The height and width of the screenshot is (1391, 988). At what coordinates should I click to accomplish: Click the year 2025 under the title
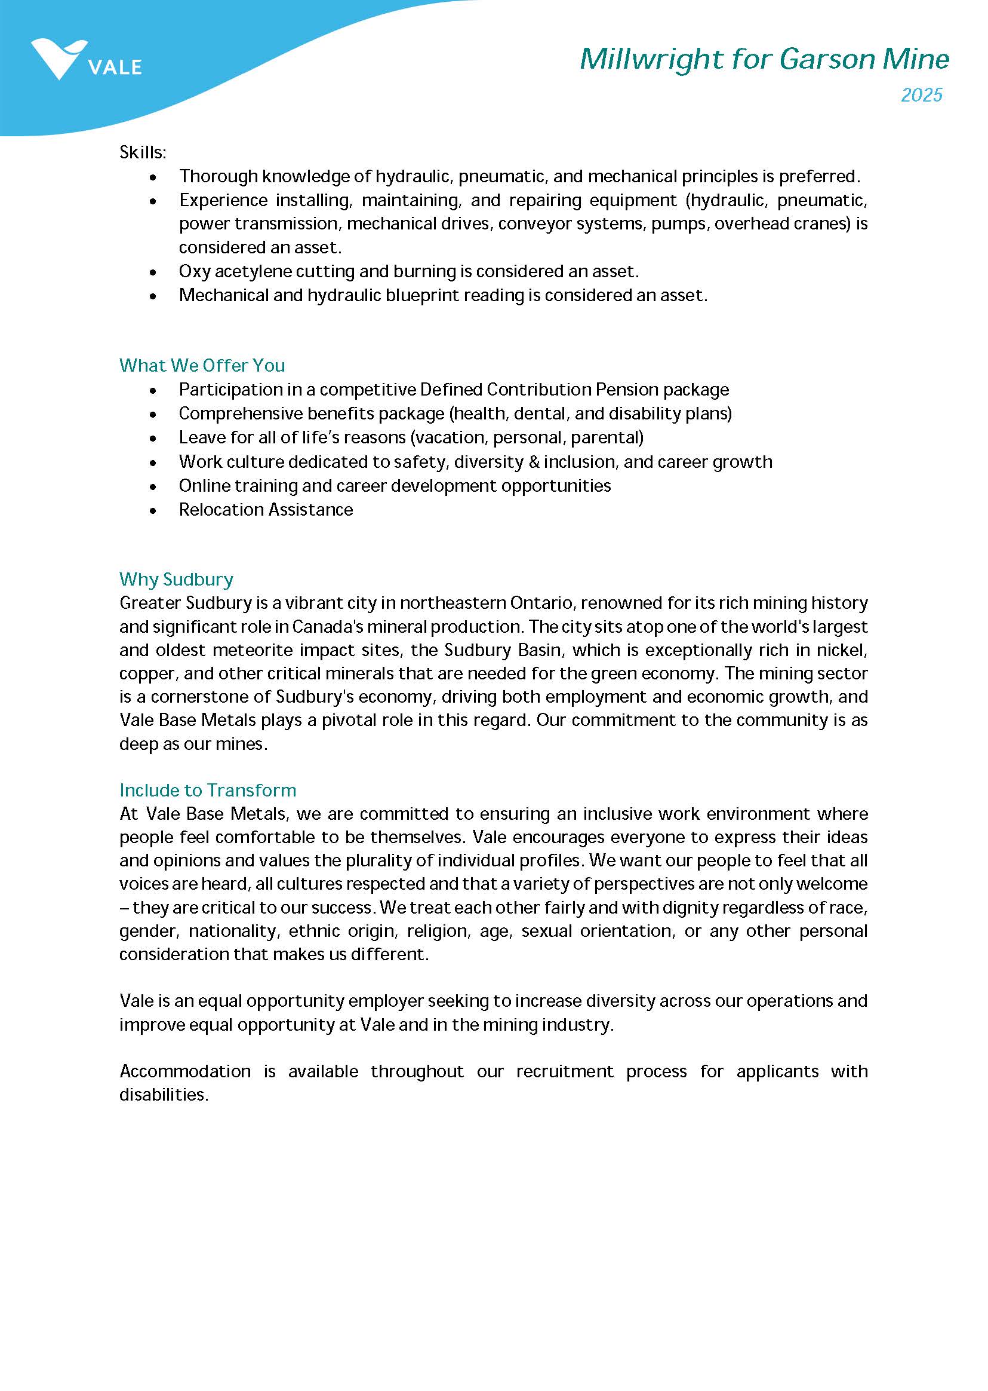(921, 95)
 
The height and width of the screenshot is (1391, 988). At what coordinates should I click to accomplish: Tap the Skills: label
(142, 152)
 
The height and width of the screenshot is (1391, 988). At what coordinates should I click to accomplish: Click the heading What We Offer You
(201, 365)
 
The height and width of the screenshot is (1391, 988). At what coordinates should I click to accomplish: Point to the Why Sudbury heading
(176, 579)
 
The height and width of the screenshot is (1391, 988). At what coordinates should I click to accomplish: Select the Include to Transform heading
(208, 790)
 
